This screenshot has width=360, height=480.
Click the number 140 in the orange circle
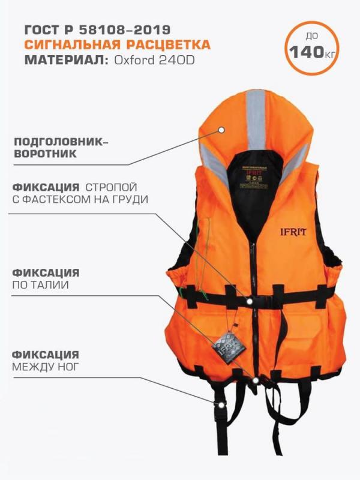(304, 52)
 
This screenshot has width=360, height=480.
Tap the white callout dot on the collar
(222, 129)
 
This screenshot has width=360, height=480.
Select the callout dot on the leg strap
(223, 406)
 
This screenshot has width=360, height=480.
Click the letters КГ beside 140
(329, 53)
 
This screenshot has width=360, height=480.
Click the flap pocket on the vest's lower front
(296, 335)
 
